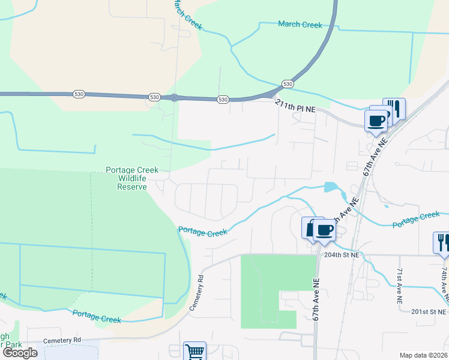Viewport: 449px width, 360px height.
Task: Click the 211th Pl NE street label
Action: [295, 107]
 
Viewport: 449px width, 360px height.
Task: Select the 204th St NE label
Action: [342, 255]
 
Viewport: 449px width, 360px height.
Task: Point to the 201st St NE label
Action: [429, 312]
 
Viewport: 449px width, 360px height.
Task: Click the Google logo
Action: [20, 352]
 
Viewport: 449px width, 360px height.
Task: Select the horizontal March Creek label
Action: [300, 25]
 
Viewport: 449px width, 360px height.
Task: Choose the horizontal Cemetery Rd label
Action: [62, 340]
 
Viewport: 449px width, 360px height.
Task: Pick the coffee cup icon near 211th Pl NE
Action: [376, 120]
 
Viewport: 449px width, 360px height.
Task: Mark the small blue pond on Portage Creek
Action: [330, 187]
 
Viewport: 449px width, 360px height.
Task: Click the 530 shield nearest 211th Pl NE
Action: [288, 85]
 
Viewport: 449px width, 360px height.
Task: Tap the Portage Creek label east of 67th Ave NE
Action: [416, 220]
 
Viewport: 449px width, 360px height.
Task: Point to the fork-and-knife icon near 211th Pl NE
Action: [394, 109]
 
